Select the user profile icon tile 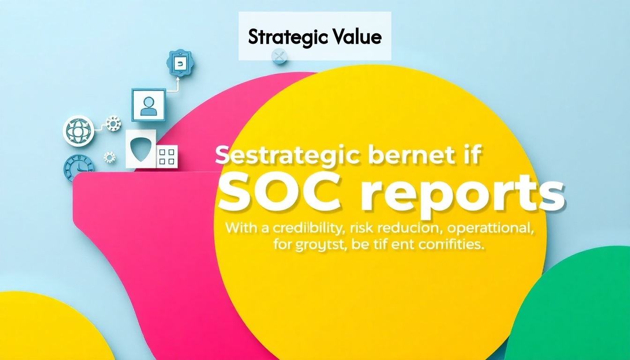(x=149, y=105)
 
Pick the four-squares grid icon (x=167, y=156)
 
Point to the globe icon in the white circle (x=78, y=131)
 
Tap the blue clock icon (x=78, y=168)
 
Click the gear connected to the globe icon (x=113, y=124)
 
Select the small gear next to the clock (x=110, y=157)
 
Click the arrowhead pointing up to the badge (x=178, y=80)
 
